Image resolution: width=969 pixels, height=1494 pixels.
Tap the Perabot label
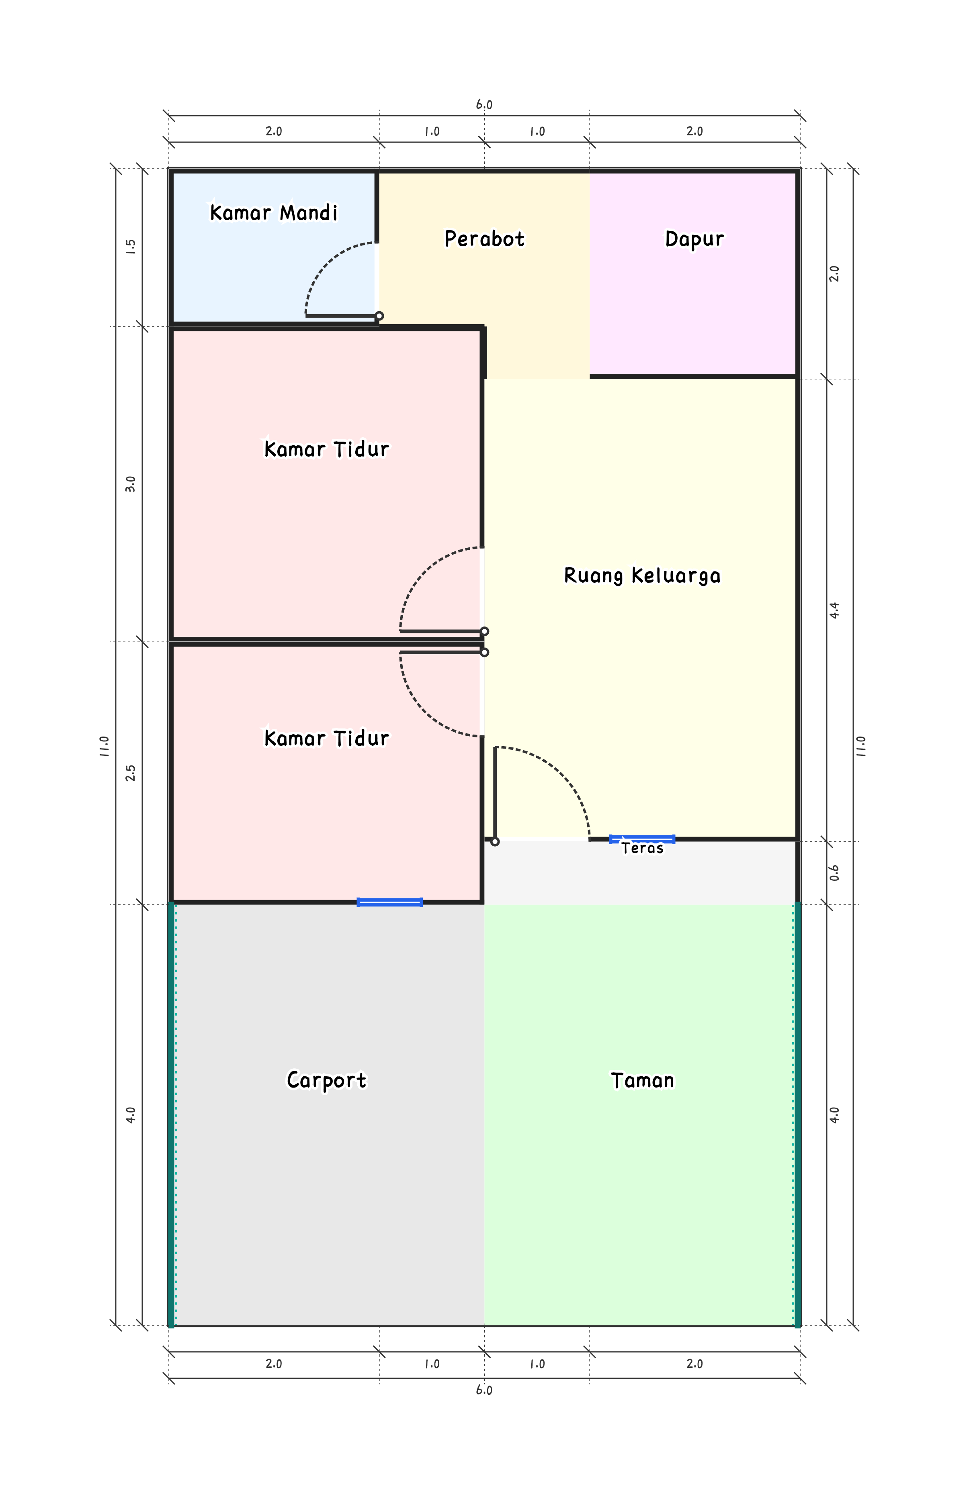click(x=484, y=239)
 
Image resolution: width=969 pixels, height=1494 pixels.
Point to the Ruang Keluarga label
click(x=642, y=576)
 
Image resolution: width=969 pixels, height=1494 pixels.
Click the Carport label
click(x=326, y=1080)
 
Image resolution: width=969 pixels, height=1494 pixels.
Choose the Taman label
click(x=642, y=1080)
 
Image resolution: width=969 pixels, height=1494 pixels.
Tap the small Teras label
click(x=642, y=848)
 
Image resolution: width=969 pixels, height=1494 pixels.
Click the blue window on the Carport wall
click(x=389, y=902)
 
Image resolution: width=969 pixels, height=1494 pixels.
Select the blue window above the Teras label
click(x=642, y=839)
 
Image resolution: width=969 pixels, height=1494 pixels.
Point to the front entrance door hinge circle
click(x=495, y=841)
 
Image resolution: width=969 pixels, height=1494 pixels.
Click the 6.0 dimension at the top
click(x=483, y=104)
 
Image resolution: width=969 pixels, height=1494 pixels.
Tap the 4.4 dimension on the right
click(x=834, y=610)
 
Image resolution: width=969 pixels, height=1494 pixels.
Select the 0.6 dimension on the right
click(x=834, y=873)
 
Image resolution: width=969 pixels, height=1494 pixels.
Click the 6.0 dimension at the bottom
click(x=483, y=1390)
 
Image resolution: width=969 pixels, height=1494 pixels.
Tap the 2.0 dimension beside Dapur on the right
click(x=834, y=273)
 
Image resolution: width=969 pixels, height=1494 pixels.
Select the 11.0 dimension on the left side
click(x=104, y=746)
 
